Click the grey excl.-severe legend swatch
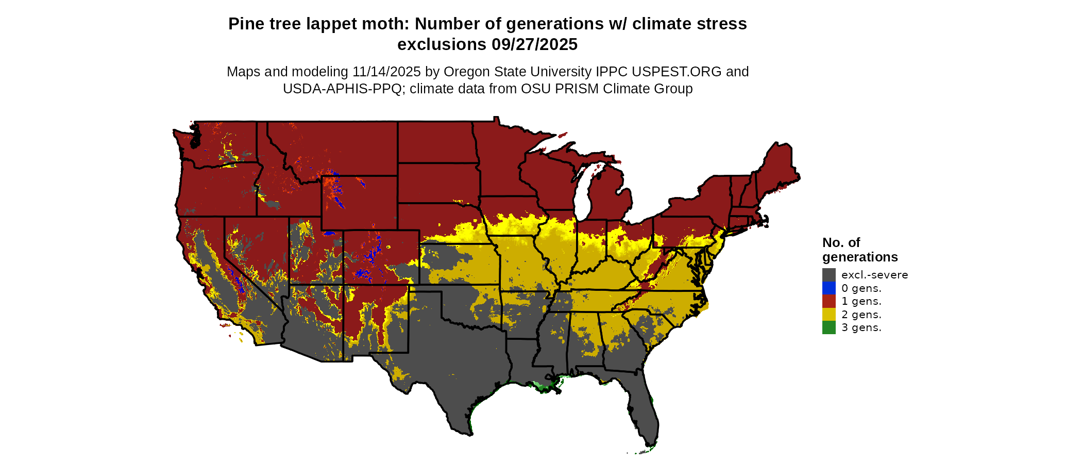coord(829,275)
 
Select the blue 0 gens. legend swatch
coord(829,288)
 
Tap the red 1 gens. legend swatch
coord(829,301)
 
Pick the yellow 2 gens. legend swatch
coord(829,315)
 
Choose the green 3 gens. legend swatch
coord(829,327)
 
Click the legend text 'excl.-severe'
coord(874,275)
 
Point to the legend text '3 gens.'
coord(861,327)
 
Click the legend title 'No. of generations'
coord(859,250)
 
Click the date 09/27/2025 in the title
coord(534,45)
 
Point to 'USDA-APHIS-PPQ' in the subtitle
coord(342,89)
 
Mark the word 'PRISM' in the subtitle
coord(580,89)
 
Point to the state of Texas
coord(453,361)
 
